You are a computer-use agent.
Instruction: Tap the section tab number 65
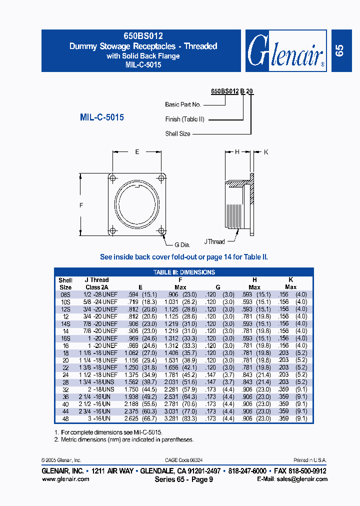[339, 50]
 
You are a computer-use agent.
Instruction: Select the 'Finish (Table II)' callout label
[184, 119]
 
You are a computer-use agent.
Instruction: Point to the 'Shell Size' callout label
[177, 134]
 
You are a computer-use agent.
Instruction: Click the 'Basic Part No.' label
[182, 104]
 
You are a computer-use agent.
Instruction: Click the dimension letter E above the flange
[137, 152]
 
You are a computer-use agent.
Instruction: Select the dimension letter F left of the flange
[82, 205]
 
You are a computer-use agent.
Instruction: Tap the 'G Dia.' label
[182, 245]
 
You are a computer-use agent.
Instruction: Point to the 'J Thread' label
[214, 241]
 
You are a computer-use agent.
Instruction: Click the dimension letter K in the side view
[266, 152]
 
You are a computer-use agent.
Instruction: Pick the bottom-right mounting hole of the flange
[161, 230]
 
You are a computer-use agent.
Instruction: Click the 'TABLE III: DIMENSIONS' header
[184, 272]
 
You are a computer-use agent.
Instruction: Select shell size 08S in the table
[65, 294]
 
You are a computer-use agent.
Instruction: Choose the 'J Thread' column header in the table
[96, 280]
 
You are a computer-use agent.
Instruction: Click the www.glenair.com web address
[65, 479]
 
